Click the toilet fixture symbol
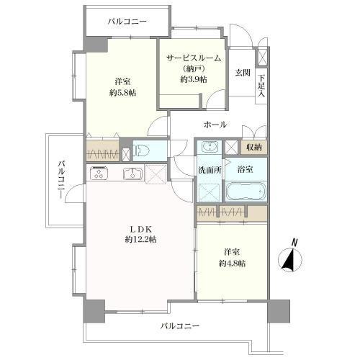tap(143, 150)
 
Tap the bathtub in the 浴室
tap(246, 192)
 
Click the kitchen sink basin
tap(132, 174)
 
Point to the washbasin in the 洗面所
tap(210, 147)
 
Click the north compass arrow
tap(290, 260)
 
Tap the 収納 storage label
tap(254, 147)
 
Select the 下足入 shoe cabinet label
tap(261, 86)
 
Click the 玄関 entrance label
tap(243, 73)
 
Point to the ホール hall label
tap(215, 125)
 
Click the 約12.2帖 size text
tap(141, 239)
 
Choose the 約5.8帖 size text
tap(122, 93)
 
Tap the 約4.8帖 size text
tap(232, 264)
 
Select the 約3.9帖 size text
tap(194, 79)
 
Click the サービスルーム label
tap(194, 58)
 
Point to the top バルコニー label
tap(127, 22)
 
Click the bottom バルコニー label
tap(180, 326)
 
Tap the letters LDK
tap(141, 230)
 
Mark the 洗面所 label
tap(210, 170)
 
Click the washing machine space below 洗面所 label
tap(210, 192)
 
